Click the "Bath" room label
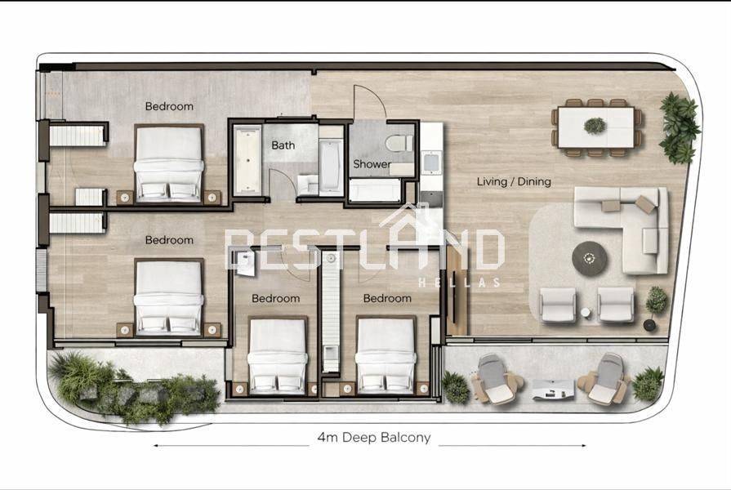click(x=283, y=145)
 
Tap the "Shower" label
click(x=372, y=164)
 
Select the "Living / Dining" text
click(x=514, y=181)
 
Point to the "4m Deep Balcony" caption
click(x=374, y=437)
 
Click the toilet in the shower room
click(x=399, y=143)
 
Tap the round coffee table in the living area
click(x=590, y=258)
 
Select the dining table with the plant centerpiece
click(x=596, y=127)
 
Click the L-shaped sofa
click(x=622, y=229)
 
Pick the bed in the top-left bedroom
click(x=169, y=163)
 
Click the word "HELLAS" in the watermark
click(x=459, y=283)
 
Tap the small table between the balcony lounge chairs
click(x=553, y=390)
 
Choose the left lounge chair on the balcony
click(x=495, y=379)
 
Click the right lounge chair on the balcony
click(x=604, y=379)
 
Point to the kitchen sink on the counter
click(x=431, y=163)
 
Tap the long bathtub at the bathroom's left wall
click(x=247, y=159)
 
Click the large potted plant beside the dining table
click(x=680, y=127)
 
